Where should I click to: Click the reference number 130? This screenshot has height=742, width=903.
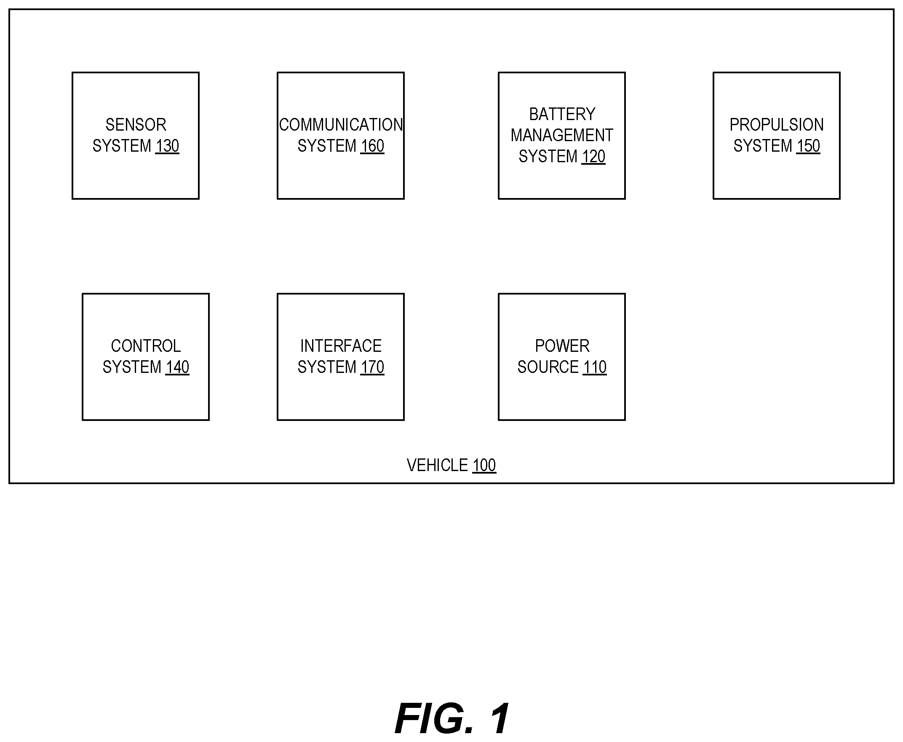[x=167, y=146]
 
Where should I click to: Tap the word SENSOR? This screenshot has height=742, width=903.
[x=136, y=125]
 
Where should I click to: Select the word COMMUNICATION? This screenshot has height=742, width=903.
[x=341, y=125]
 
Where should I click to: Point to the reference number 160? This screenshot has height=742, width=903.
[x=372, y=146]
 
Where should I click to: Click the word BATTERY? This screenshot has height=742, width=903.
[x=562, y=114]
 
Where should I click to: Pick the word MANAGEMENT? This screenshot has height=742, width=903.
[x=562, y=136]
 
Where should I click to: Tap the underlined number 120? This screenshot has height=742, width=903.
[x=593, y=157]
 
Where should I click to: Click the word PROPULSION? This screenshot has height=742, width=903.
[x=777, y=125]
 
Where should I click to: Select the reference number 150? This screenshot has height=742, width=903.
[x=808, y=146]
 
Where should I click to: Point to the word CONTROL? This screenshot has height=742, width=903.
[x=146, y=346]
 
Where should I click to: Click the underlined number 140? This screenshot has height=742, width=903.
[x=177, y=367]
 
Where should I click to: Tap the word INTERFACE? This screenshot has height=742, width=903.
[x=341, y=346]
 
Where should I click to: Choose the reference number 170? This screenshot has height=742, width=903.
[x=372, y=367]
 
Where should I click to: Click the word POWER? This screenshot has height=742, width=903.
[x=562, y=346]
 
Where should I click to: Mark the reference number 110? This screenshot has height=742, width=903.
[x=595, y=367]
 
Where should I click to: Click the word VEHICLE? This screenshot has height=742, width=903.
[x=438, y=465]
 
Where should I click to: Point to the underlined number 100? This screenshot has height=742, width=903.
[x=484, y=466]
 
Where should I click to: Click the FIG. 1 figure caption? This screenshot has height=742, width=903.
[x=452, y=718]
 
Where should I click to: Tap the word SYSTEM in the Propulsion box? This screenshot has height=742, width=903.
[x=763, y=146]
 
